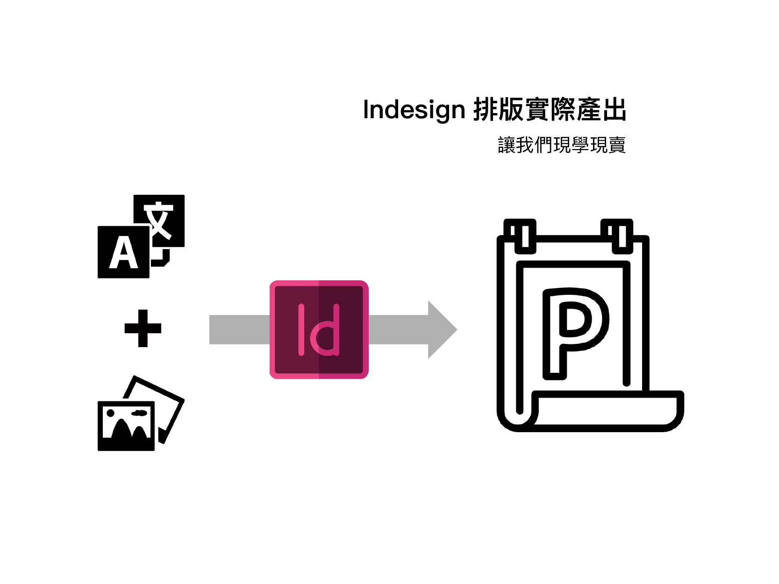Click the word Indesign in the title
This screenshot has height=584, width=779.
pos(414,110)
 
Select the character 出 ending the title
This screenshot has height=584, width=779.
pos(614,110)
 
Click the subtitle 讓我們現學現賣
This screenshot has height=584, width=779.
pos(561,145)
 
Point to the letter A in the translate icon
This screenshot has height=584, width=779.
pos(123,253)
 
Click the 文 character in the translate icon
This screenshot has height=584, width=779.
pos(159,220)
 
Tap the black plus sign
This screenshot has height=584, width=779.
pos(143,328)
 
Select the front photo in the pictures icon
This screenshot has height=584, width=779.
pos(126,426)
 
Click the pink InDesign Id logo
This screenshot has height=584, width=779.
pos(319,329)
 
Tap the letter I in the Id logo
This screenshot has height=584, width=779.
pos(301,329)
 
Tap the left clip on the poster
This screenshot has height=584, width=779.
pos(520,236)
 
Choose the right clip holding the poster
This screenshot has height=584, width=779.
pos(617,236)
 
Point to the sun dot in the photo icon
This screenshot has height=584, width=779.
pos(111,413)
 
